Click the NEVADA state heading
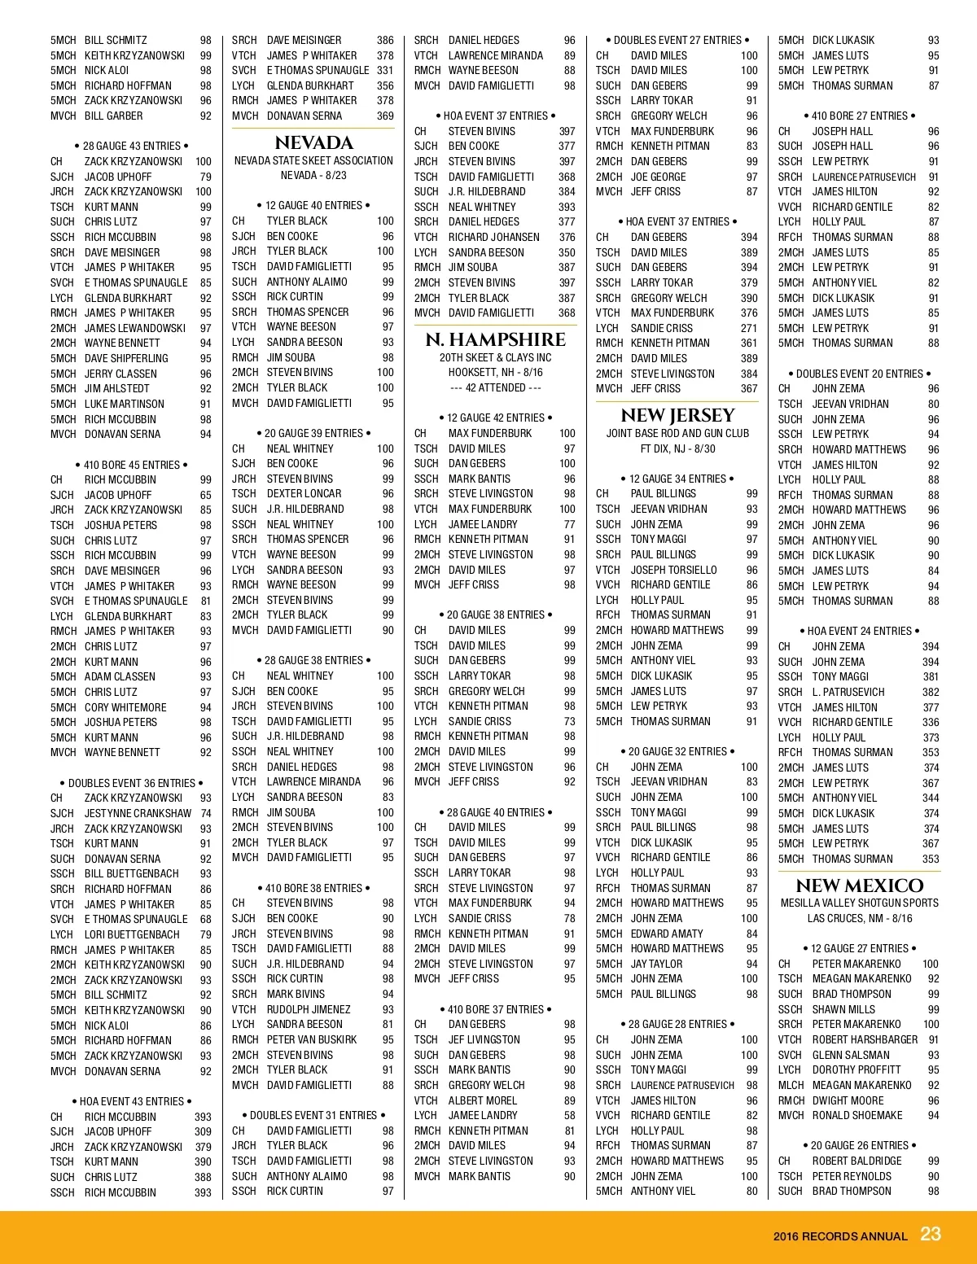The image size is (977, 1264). click(313, 142)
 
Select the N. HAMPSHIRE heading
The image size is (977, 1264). click(496, 339)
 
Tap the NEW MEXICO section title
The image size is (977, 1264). click(859, 886)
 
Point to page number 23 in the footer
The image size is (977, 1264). click(931, 1234)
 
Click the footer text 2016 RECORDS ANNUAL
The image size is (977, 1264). click(840, 1236)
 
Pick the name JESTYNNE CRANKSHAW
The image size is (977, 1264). click(138, 813)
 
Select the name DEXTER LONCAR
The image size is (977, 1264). click(304, 493)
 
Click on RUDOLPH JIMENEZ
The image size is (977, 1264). click(309, 1009)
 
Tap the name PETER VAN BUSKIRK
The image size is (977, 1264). click(312, 1039)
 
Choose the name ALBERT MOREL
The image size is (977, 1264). click(483, 1100)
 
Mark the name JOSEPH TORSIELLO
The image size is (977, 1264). click(674, 570)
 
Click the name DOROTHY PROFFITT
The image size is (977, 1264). click(857, 1069)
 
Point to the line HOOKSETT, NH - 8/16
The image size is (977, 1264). click(495, 372)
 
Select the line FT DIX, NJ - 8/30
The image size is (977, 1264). click(677, 448)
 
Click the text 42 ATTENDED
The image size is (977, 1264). click(495, 387)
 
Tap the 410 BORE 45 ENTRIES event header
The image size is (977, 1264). click(132, 465)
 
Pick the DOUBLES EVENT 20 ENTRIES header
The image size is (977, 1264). click(859, 374)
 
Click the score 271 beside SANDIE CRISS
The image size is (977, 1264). click(749, 328)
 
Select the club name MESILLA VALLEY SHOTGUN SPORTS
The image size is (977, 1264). click(859, 903)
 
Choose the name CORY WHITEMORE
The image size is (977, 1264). click(125, 707)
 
